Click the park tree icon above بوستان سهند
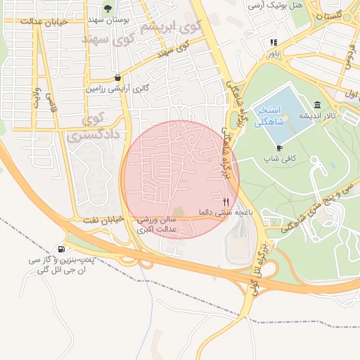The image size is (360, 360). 107,8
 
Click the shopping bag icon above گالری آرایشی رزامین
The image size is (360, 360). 116,77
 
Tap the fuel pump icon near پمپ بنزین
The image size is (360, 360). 62,249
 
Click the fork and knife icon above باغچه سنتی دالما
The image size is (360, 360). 225,201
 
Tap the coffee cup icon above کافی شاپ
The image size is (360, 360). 279,148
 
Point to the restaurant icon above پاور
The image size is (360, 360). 273,42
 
